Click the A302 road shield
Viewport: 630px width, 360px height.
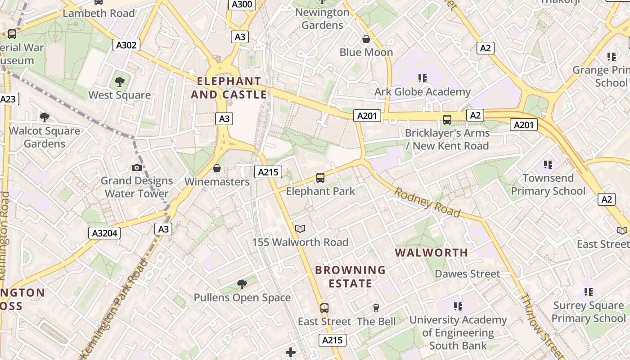(126, 45)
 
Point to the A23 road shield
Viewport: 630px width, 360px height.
(9, 99)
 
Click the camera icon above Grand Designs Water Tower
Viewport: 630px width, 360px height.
(137, 168)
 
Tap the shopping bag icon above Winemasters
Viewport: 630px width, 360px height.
(217, 168)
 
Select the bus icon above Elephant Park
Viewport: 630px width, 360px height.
(320, 178)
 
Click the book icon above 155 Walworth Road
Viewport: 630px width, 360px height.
(300, 229)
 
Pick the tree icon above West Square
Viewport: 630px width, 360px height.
(119, 81)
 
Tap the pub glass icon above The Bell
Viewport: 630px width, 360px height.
(376, 308)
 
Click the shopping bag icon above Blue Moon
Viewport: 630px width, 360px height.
(366, 39)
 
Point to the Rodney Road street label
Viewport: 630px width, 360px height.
(427, 202)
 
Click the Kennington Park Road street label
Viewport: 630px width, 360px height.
(114, 306)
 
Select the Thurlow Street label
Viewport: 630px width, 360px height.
(541, 326)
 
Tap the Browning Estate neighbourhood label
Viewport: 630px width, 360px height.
(351, 277)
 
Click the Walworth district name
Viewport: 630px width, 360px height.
(432, 252)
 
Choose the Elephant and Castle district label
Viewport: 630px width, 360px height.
(229, 88)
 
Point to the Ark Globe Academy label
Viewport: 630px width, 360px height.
(423, 92)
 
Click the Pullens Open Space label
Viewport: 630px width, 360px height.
(242, 297)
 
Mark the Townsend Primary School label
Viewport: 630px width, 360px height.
(548, 184)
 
